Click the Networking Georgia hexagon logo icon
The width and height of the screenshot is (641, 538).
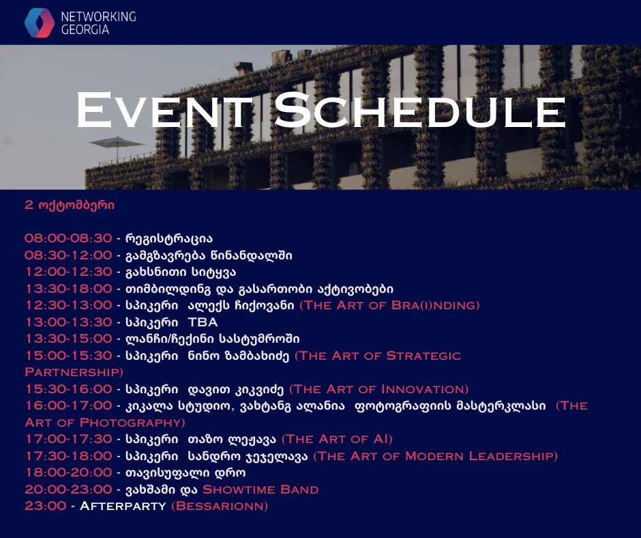(40, 23)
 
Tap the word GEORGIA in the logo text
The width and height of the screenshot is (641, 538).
(85, 30)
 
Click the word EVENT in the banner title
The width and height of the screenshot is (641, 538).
(164, 110)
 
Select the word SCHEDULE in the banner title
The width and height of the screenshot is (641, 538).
(420, 110)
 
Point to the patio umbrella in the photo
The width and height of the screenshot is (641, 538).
(117, 146)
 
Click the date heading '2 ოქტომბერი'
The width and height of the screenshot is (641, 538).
(70, 205)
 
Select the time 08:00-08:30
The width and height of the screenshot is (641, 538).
(68, 238)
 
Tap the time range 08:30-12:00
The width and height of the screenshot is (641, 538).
(68, 255)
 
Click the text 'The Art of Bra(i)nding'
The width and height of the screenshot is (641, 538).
(389, 305)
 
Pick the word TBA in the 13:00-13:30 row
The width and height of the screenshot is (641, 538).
(203, 322)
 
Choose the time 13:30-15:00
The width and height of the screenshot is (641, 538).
(69, 339)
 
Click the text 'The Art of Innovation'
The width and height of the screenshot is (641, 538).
(379, 389)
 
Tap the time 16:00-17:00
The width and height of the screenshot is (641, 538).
(69, 406)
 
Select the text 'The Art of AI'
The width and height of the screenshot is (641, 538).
(338, 439)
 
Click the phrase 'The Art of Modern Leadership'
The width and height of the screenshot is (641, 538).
(435, 456)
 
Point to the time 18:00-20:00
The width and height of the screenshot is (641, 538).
(69, 472)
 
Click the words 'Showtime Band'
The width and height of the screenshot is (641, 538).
(260, 490)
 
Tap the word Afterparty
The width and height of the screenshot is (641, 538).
(123, 506)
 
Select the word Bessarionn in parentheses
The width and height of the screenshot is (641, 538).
(220, 506)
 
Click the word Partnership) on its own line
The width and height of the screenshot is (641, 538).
(74, 372)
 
